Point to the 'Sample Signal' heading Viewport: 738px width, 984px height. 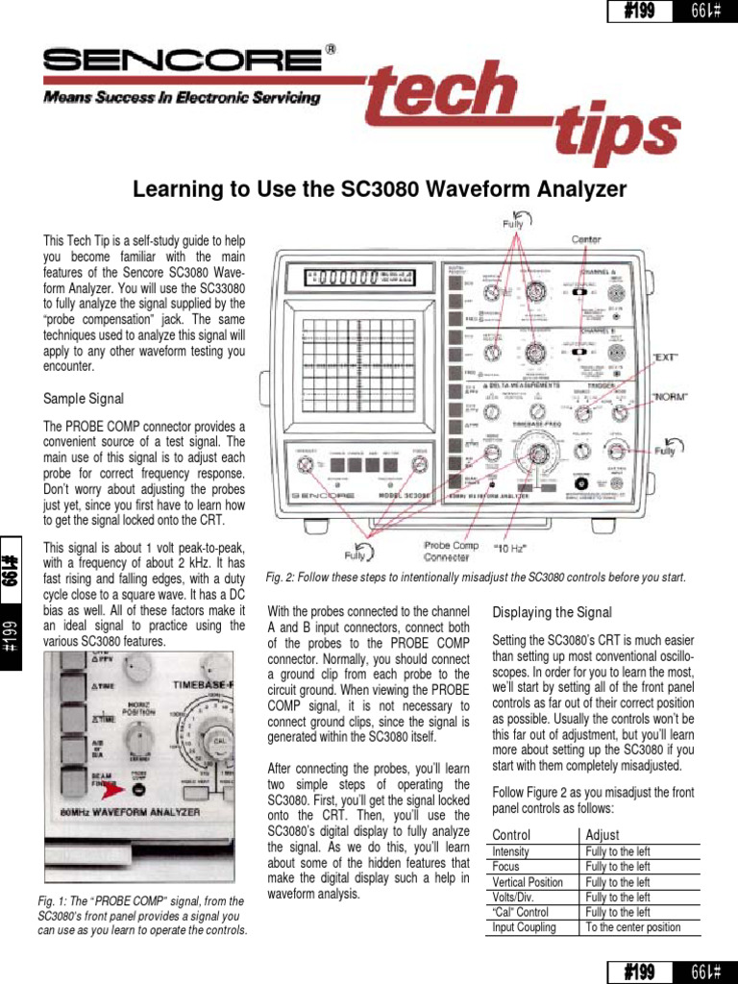[84, 398]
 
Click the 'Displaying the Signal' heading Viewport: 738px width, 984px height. [552, 612]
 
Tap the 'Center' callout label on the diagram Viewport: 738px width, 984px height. [587, 239]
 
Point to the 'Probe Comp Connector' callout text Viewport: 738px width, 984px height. [451, 551]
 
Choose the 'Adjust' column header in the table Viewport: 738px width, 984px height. [603, 835]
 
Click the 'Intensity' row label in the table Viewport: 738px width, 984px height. [510, 851]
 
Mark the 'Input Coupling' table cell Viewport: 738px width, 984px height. [524, 927]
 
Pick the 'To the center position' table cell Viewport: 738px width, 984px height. [632, 927]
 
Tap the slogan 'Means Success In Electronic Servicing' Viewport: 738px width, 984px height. [181, 98]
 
